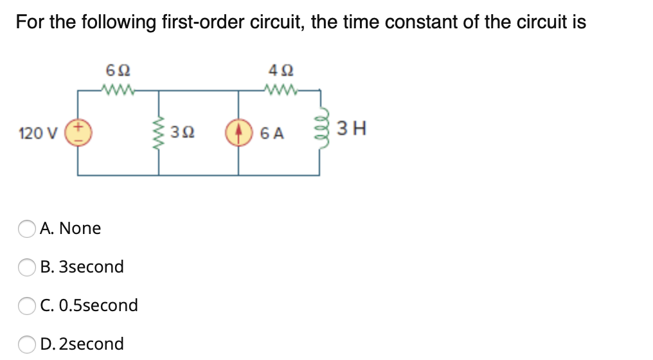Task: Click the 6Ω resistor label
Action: coord(117,69)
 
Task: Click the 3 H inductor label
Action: coord(352,130)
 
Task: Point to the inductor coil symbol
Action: coord(319,131)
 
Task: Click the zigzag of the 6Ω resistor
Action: coord(117,90)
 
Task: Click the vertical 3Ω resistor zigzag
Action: coord(159,132)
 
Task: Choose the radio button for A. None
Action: coord(27,229)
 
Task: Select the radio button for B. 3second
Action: coord(27,267)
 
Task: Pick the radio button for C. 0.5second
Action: coord(27,305)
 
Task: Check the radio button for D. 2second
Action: coord(27,344)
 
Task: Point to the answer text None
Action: coord(80,228)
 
